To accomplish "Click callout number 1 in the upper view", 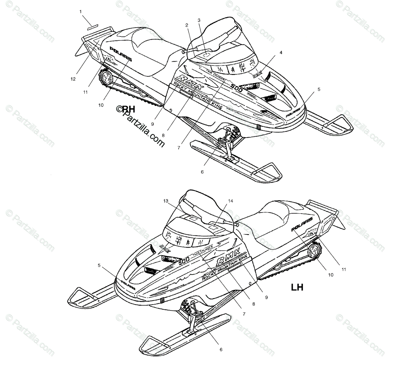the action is point(80,12).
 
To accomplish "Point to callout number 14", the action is point(231,201).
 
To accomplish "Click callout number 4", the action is point(281,53).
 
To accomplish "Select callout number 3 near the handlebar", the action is point(199,20).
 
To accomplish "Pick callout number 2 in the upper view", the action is point(187,25).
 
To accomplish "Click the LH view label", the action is point(297,287).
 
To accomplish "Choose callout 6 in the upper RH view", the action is point(202,172).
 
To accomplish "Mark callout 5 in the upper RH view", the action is point(319,90).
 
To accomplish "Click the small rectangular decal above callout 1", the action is point(92,26).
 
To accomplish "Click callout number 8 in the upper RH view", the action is point(163,135).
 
